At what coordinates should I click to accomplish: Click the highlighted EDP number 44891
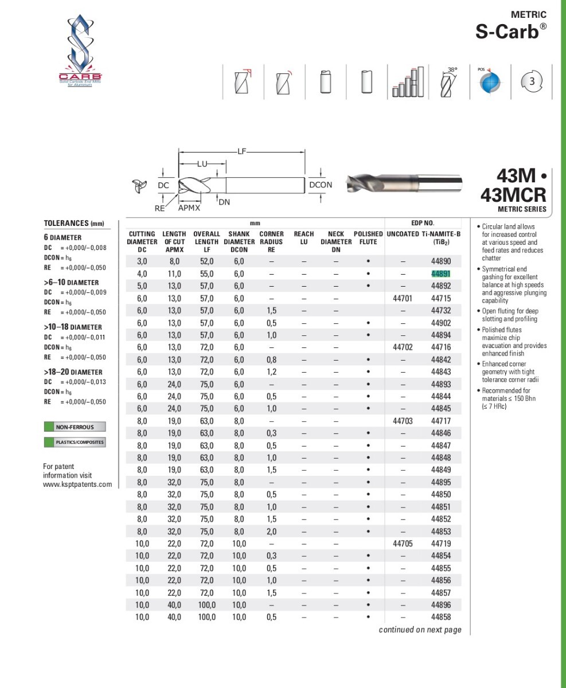[x=441, y=273]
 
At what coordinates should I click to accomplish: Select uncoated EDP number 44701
[x=403, y=298]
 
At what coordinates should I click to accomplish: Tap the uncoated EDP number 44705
[x=403, y=544]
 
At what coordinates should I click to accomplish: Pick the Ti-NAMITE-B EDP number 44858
[x=441, y=617]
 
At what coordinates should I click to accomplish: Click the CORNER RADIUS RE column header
[x=271, y=241]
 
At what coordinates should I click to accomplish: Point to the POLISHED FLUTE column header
[x=368, y=238]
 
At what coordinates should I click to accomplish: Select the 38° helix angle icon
[x=448, y=81]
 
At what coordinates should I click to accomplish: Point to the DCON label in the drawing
[x=321, y=185]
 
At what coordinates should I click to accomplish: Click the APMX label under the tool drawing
[x=189, y=208]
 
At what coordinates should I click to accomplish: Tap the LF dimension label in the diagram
[x=242, y=151]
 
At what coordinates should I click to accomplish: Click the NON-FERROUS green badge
[x=74, y=427]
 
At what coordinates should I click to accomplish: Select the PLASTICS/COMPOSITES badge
[x=74, y=442]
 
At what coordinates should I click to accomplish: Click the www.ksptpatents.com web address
[x=77, y=484]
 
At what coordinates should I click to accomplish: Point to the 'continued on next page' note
[x=420, y=630]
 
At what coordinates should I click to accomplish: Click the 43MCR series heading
[x=513, y=194]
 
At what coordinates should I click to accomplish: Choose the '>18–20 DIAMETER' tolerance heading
[x=73, y=372]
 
